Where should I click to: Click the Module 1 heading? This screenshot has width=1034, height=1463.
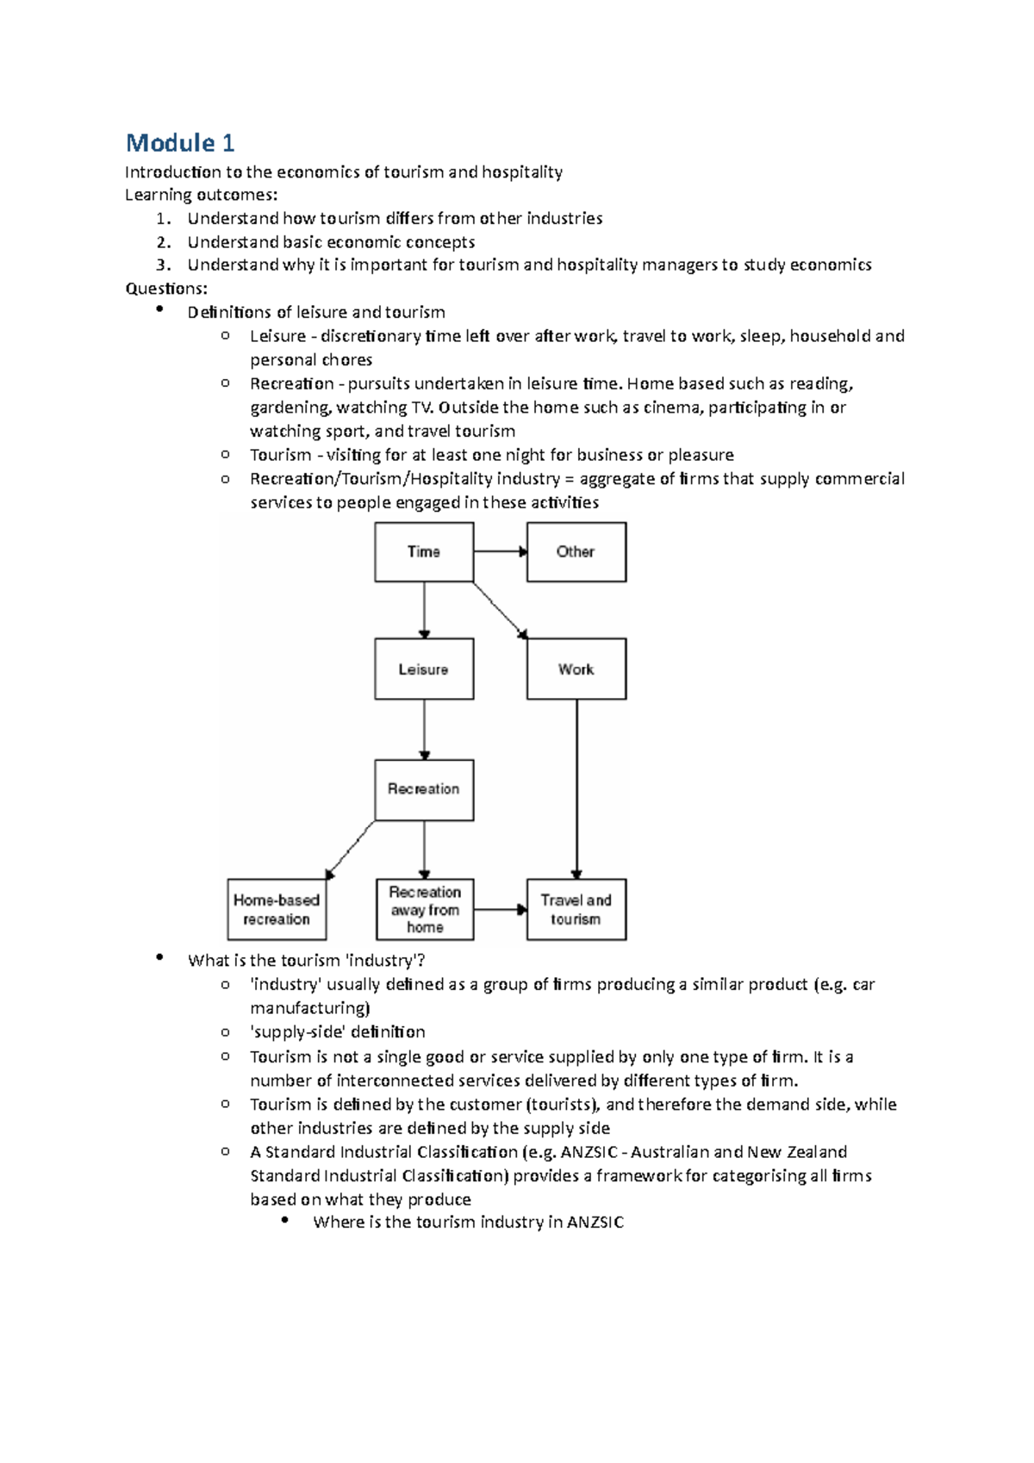tap(179, 142)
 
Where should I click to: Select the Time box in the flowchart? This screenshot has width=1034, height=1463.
tap(424, 551)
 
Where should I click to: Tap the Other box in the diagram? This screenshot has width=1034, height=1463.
tap(576, 551)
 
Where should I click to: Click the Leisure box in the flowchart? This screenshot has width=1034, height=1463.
tap(424, 669)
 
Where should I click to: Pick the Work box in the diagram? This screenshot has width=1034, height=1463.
tap(576, 669)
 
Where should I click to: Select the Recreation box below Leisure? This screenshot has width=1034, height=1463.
tap(424, 789)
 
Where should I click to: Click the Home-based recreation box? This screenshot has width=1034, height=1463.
tap(277, 909)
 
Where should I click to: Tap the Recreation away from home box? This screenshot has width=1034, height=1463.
tap(425, 909)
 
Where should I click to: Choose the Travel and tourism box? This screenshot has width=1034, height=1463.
tap(576, 909)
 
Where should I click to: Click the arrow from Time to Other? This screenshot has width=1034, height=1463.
tap(500, 551)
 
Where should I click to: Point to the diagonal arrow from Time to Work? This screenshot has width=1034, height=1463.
tap(500, 610)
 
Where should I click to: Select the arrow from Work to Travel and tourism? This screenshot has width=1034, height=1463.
tap(576, 788)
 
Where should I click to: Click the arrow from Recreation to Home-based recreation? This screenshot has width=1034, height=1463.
tap(351, 850)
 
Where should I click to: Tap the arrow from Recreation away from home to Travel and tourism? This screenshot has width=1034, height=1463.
tap(500, 909)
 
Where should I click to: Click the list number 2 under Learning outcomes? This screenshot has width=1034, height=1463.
tap(164, 242)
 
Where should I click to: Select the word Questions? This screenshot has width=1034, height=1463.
tap(166, 289)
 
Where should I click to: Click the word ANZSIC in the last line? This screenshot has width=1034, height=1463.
tap(595, 1222)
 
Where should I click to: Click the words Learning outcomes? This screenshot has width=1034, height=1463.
tap(202, 195)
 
